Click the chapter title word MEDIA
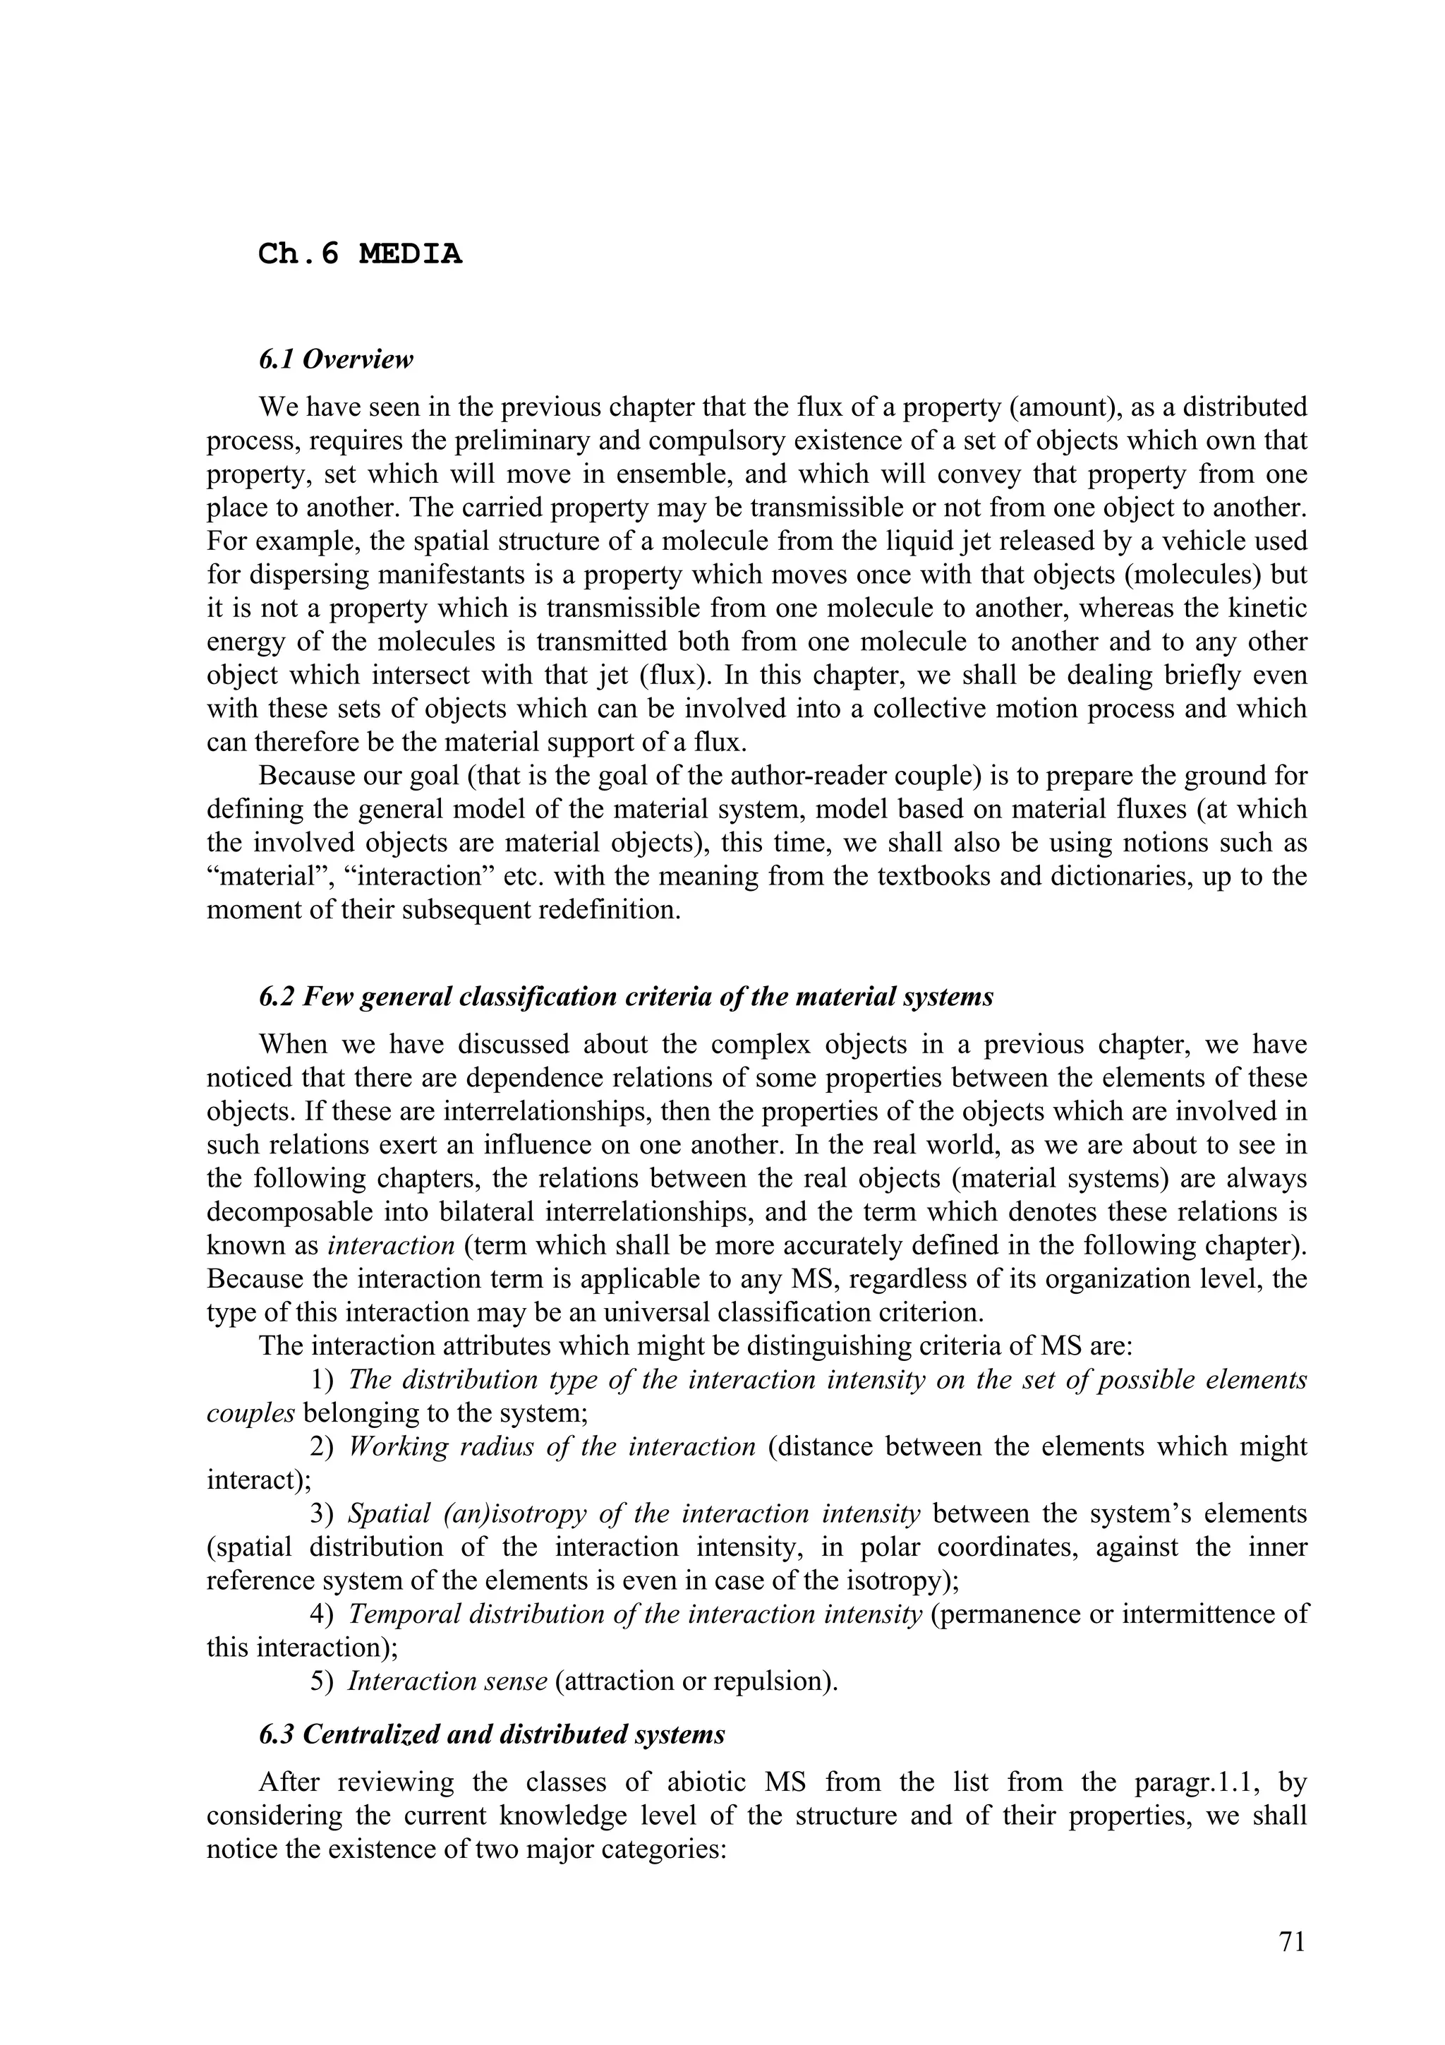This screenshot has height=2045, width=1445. click(411, 255)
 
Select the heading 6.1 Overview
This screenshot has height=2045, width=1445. click(337, 360)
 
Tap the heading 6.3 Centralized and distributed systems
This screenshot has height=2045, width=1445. click(492, 1734)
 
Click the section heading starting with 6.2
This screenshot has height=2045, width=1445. click(626, 997)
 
